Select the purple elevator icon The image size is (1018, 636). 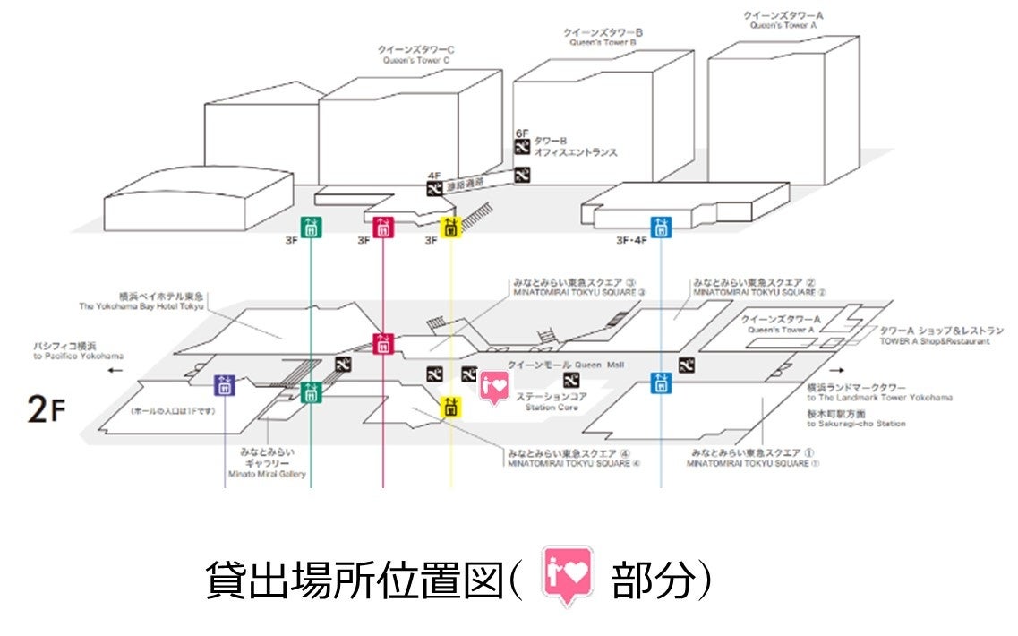pyautogui.click(x=225, y=385)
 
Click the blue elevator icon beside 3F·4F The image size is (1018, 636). pyautogui.click(x=662, y=227)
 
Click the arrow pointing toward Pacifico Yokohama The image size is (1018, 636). pyautogui.click(x=114, y=369)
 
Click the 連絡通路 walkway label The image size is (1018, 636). pyautogui.click(x=464, y=182)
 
